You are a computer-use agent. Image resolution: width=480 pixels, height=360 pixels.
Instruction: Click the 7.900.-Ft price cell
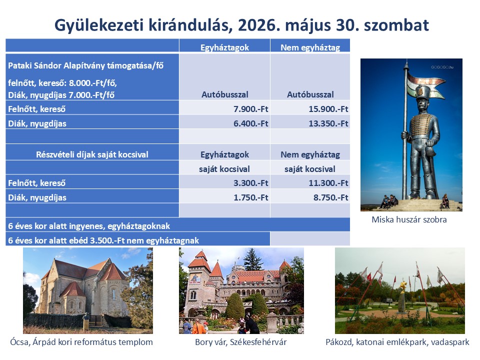(x=250, y=109)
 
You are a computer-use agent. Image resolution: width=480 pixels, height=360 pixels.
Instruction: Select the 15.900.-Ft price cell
(x=328, y=109)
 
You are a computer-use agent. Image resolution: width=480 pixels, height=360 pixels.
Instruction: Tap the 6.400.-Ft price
(x=250, y=123)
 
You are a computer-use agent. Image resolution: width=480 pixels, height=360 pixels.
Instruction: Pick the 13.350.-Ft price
(x=328, y=123)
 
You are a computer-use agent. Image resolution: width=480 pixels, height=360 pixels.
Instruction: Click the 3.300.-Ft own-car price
(x=250, y=183)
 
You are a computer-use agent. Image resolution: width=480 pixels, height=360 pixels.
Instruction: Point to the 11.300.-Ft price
(x=328, y=183)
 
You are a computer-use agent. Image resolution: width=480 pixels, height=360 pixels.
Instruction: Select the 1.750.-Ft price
(x=250, y=197)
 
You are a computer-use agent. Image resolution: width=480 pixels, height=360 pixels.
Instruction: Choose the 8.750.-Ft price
(x=330, y=197)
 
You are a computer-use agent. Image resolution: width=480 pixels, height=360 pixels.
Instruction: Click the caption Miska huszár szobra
(x=409, y=219)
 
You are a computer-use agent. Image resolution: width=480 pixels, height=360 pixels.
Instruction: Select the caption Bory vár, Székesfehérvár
(x=241, y=342)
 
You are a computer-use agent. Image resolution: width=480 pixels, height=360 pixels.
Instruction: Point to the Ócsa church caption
(x=81, y=342)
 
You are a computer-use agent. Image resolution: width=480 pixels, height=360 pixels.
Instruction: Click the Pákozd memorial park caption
(x=397, y=342)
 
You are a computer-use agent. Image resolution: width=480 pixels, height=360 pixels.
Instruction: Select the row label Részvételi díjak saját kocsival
(x=92, y=154)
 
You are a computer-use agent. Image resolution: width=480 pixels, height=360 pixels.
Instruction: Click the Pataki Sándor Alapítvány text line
(x=85, y=65)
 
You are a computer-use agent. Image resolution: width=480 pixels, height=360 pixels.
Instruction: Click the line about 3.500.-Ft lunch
(x=103, y=240)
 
